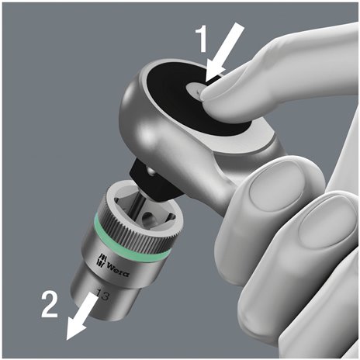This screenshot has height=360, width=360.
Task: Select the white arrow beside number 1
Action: [x=228, y=52]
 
